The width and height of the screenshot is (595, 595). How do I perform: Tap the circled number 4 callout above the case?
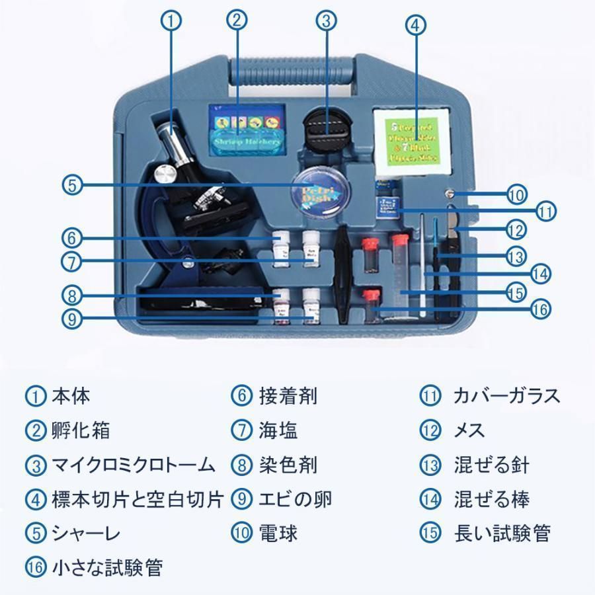point(414,26)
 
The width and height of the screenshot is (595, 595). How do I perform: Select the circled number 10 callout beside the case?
point(516,195)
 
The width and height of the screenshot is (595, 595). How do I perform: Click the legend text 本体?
point(71,396)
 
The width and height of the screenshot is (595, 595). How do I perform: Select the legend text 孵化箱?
point(81,430)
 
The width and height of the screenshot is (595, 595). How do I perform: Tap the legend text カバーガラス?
point(506,396)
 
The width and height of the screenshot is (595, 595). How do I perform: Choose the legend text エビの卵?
point(286,499)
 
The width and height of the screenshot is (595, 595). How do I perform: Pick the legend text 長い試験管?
point(502,534)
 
